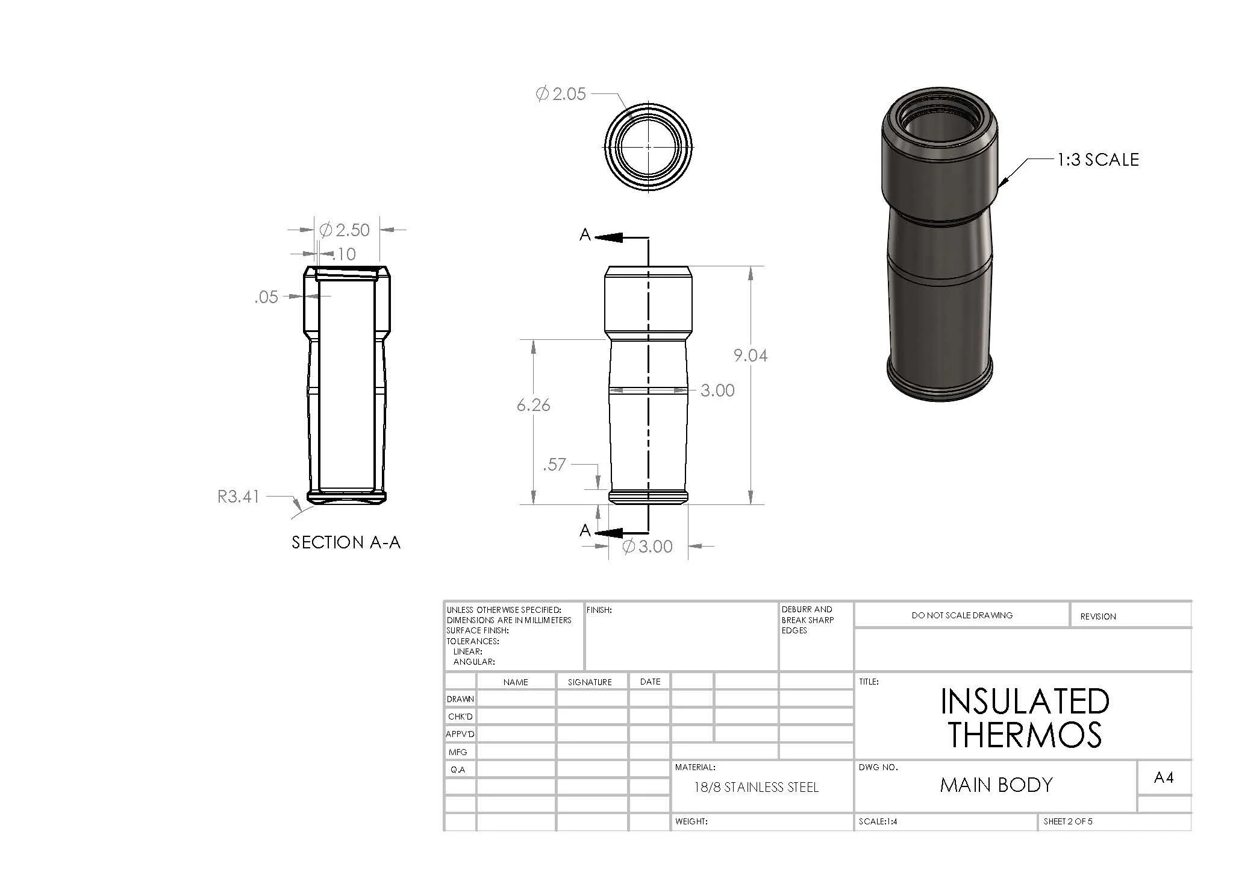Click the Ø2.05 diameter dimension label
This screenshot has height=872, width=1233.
[561, 94]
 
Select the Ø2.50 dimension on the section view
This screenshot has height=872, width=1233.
[345, 230]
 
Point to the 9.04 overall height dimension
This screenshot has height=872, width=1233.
[750, 356]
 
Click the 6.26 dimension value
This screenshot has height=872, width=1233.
[533, 405]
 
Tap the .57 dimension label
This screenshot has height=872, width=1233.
[554, 465]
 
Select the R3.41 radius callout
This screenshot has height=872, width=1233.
[239, 497]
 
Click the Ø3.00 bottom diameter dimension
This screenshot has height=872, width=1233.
[647, 547]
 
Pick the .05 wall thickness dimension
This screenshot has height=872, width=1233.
[266, 297]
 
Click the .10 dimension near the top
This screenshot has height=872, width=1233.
[344, 254]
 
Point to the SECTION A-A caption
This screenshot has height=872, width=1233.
[346, 542]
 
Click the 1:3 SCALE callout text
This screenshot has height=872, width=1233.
[1098, 160]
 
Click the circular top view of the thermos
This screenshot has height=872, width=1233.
[648, 146]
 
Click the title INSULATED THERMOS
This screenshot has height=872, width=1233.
[1025, 718]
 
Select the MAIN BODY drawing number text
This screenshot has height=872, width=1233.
[996, 785]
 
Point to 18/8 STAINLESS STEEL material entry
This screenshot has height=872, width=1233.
[756, 787]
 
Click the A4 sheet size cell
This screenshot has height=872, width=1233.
[1163, 778]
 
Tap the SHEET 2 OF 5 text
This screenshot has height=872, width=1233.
[1067, 821]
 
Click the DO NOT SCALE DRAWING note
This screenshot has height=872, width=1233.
[962, 615]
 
